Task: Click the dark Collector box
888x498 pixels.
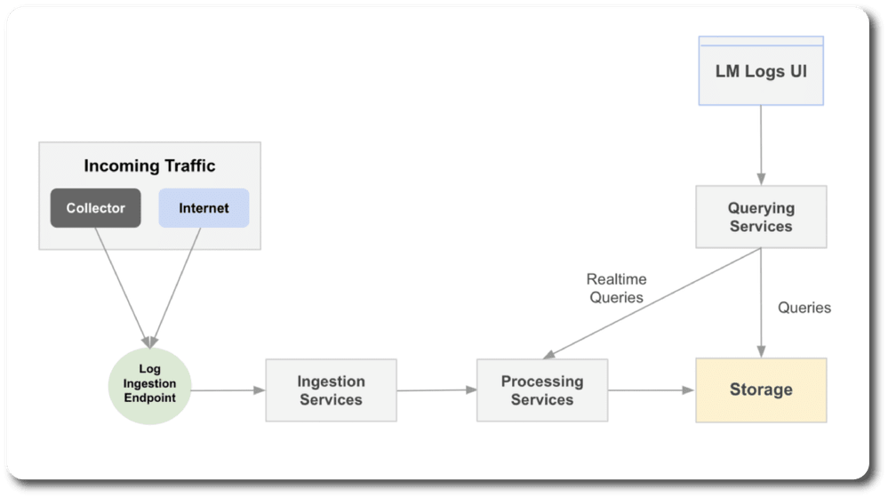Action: [x=95, y=208]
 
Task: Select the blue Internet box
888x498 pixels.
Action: [x=204, y=208]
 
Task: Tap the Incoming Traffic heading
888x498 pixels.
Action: [x=149, y=165]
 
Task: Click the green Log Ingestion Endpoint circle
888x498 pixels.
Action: [x=149, y=385]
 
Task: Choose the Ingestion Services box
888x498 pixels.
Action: [x=332, y=390]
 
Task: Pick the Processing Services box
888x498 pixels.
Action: [x=542, y=390]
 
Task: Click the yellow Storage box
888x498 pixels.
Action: [x=761, y=390]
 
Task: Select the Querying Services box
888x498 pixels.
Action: [x=761, y=216]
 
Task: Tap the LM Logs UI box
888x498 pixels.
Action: [x=761, y=71]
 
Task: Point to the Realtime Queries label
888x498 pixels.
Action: [x=616, y=288]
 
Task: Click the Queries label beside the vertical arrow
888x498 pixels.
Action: [x=804, y=308]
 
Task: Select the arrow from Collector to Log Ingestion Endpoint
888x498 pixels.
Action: [x=122, y=287]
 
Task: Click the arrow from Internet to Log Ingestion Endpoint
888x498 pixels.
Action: [x=176, y=287]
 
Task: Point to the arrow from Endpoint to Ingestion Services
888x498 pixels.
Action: [x=228, y=390]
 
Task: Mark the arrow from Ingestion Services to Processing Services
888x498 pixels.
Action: [x=436, y=390]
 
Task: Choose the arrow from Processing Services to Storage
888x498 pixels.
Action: [x=652, y=390]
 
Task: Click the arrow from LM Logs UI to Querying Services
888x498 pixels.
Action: [x=761, y=145]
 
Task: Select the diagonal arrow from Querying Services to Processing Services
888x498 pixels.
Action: [x=652, y=303]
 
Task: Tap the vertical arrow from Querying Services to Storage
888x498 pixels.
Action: [x=761, y=302]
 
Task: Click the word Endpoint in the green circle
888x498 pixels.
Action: [x=149, y=398]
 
